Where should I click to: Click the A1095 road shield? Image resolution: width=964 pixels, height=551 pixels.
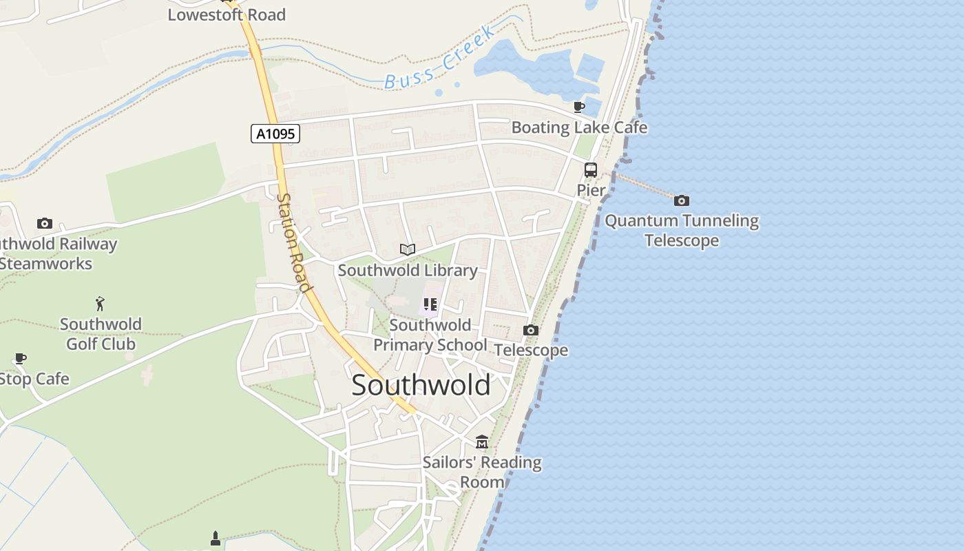tap(275, 134)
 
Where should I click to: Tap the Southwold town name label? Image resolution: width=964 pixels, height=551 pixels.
tap(421, 384)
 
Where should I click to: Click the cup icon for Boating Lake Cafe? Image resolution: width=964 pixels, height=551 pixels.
tap(579, 107)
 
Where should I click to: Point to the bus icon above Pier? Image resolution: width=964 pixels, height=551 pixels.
tap(591, 169)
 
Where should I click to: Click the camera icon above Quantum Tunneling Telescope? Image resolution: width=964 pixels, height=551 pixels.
tap(682, 200)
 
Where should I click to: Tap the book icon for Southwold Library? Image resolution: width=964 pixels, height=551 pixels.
tap(408, 249)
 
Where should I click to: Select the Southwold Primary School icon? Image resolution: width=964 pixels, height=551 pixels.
tap(430, 304)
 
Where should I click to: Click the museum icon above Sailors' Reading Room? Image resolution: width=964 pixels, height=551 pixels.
tap(482, 441)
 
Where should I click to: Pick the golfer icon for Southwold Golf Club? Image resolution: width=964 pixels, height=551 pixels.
tap(101, 303)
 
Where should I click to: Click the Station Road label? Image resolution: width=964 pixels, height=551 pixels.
tap(294, 242)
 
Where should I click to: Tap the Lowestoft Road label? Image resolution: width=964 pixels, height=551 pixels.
tap(227, 14)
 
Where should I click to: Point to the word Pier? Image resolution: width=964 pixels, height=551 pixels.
tap(591, 190)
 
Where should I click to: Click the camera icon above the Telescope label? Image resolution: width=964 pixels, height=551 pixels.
tap(530, 331)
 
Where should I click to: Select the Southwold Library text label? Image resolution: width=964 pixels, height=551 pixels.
tap(408, 270)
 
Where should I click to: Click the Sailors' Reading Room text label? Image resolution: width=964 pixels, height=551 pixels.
tap(482, 472)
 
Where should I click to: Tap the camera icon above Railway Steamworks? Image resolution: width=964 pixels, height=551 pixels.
tap(45, 223)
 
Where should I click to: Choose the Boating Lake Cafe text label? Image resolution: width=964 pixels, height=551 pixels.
tap(579, 127)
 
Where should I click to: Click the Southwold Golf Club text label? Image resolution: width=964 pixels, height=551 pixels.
tap(101, 334)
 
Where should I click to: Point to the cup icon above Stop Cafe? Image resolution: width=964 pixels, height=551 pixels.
tap(20, 358)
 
